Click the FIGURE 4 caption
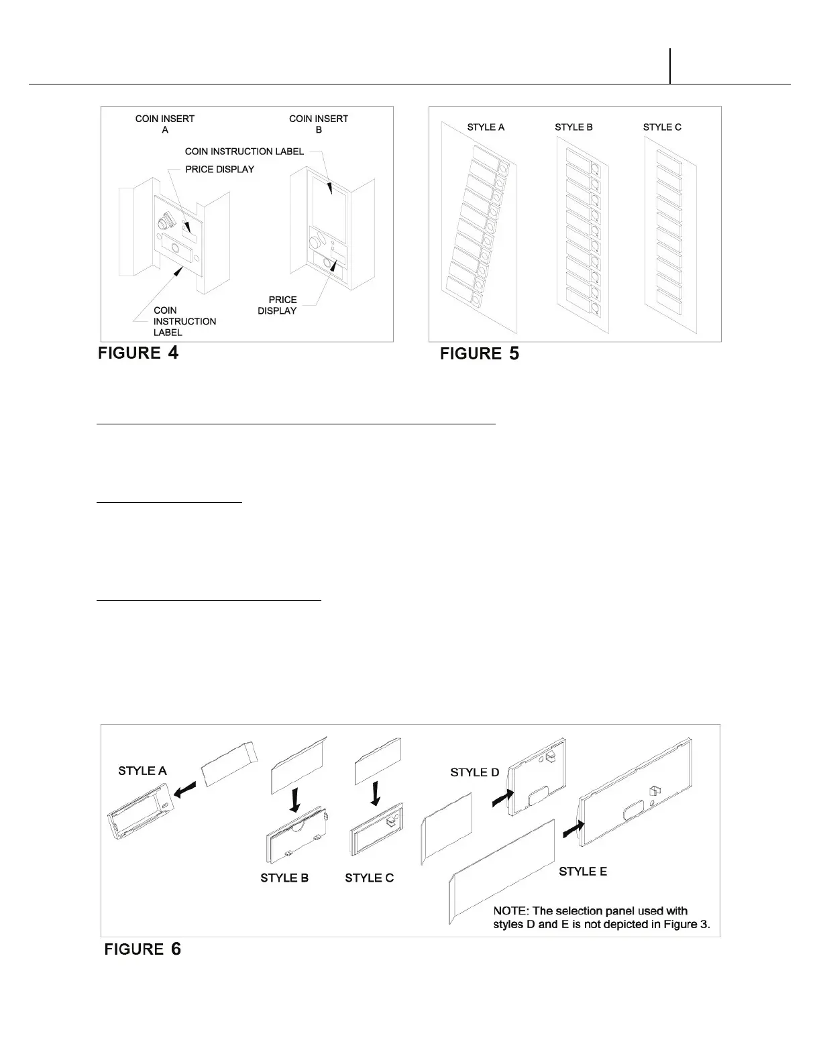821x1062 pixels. tap(138, 353)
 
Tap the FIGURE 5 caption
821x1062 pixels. tap(479, 353)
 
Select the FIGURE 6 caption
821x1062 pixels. tap(142, 949)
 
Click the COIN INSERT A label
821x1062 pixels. tap(165, 124)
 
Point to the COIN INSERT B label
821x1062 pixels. tap(319, 124)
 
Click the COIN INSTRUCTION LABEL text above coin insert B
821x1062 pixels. tap(244, 152)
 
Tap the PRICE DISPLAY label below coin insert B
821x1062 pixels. tap(278, 305)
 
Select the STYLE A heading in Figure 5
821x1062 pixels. tap(486, 127)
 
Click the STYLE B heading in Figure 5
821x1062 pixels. tap(573, 127)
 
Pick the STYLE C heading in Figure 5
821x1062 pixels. tap(662, 127)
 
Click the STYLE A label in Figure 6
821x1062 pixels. tap(142, 771)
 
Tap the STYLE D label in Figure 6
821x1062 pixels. tap(475, 772)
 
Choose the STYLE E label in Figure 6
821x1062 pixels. tap(583, 872)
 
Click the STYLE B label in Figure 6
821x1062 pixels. tap(284, 878)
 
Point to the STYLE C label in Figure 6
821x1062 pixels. tap(370, 878)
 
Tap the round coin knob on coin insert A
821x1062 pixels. tap(164, 223)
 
